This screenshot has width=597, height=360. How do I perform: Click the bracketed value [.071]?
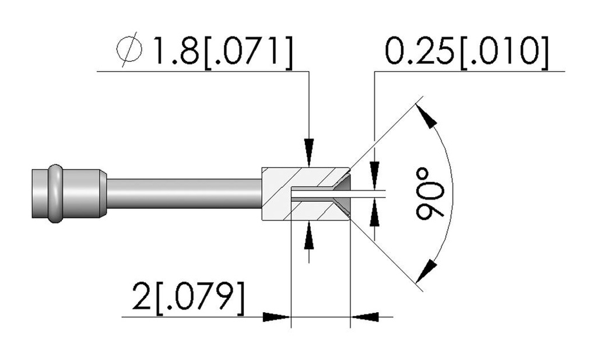(x=249, y=53)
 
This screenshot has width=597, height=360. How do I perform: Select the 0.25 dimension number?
(x=420, y=51)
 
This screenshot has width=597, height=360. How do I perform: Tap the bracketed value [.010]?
(x=504, y=53)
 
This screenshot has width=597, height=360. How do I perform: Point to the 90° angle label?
(x=430, y=194)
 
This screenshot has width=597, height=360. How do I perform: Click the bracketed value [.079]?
(x=200, y=299)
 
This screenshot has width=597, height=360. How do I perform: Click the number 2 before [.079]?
(x=142, y=296)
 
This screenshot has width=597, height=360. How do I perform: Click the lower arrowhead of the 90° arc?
(x=426, y=271)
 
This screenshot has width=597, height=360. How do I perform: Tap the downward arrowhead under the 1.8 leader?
(x=309, y=153)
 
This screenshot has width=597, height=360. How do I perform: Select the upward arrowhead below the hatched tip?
(x=309, y=235)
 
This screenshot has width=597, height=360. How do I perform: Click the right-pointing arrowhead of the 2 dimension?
(x=277, y=317)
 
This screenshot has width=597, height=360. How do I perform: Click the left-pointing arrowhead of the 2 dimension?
(x=364, y=317)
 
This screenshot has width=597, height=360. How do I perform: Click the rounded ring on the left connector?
(x=55, y=194)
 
